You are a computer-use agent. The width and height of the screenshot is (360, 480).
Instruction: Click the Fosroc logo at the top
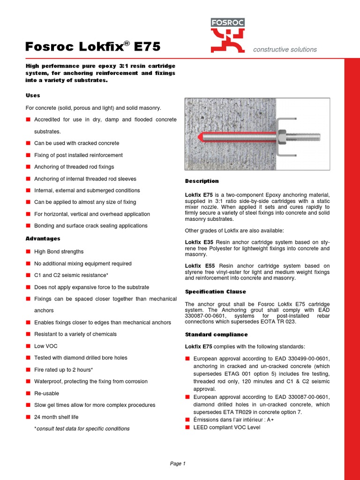[227, 35]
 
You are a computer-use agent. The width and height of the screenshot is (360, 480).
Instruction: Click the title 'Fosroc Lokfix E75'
[93, 47]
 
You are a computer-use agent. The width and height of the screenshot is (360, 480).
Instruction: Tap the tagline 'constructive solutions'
[285, 50]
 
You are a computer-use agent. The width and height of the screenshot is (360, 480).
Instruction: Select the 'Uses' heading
[33, 96]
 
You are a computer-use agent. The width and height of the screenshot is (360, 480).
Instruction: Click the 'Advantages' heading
[43, 239]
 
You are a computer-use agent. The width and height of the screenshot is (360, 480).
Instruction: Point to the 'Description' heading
[202, 181]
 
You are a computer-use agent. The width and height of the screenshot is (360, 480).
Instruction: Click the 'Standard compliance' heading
[216, 335]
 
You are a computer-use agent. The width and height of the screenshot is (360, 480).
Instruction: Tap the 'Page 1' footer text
[178, 464]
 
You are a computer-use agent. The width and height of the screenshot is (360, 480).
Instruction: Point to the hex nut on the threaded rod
[283, 137]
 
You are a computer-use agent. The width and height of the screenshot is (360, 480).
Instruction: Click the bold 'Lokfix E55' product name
[199, 266]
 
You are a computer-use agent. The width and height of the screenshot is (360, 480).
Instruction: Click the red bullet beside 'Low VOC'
[29, 346]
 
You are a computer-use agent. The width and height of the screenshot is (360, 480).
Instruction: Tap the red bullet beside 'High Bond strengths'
[29, 252]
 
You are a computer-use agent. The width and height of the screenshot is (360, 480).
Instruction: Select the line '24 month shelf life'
[56, 417]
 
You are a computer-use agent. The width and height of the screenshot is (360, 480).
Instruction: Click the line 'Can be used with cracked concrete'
[76, 143]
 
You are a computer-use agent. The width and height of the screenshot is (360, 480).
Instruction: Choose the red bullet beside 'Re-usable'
[29, 393]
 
